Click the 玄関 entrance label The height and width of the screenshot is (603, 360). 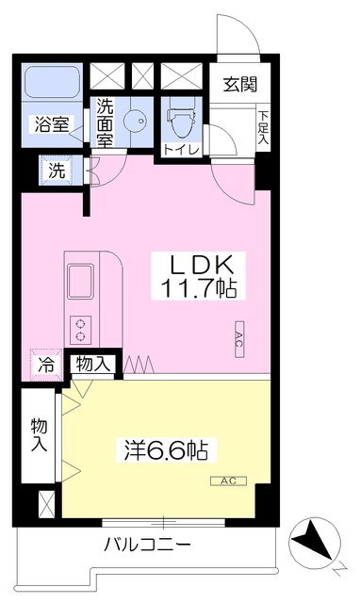240,84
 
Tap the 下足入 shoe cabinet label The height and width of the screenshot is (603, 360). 263,128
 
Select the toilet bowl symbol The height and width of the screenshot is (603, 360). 181,122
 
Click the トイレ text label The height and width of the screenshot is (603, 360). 181,150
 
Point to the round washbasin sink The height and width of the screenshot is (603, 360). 135,121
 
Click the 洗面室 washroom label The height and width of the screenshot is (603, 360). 105,123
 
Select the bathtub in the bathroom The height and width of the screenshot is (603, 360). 53,82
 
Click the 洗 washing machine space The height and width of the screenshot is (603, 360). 57,171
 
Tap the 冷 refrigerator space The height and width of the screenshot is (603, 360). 46,365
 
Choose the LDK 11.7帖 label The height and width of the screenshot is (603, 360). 198,276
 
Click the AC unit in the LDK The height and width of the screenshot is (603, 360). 238,339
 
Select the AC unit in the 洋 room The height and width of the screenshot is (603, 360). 228,481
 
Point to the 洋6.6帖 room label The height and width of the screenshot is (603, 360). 166,449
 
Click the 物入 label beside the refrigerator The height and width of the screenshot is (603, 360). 92,364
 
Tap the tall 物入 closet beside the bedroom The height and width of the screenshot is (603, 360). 39,435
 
